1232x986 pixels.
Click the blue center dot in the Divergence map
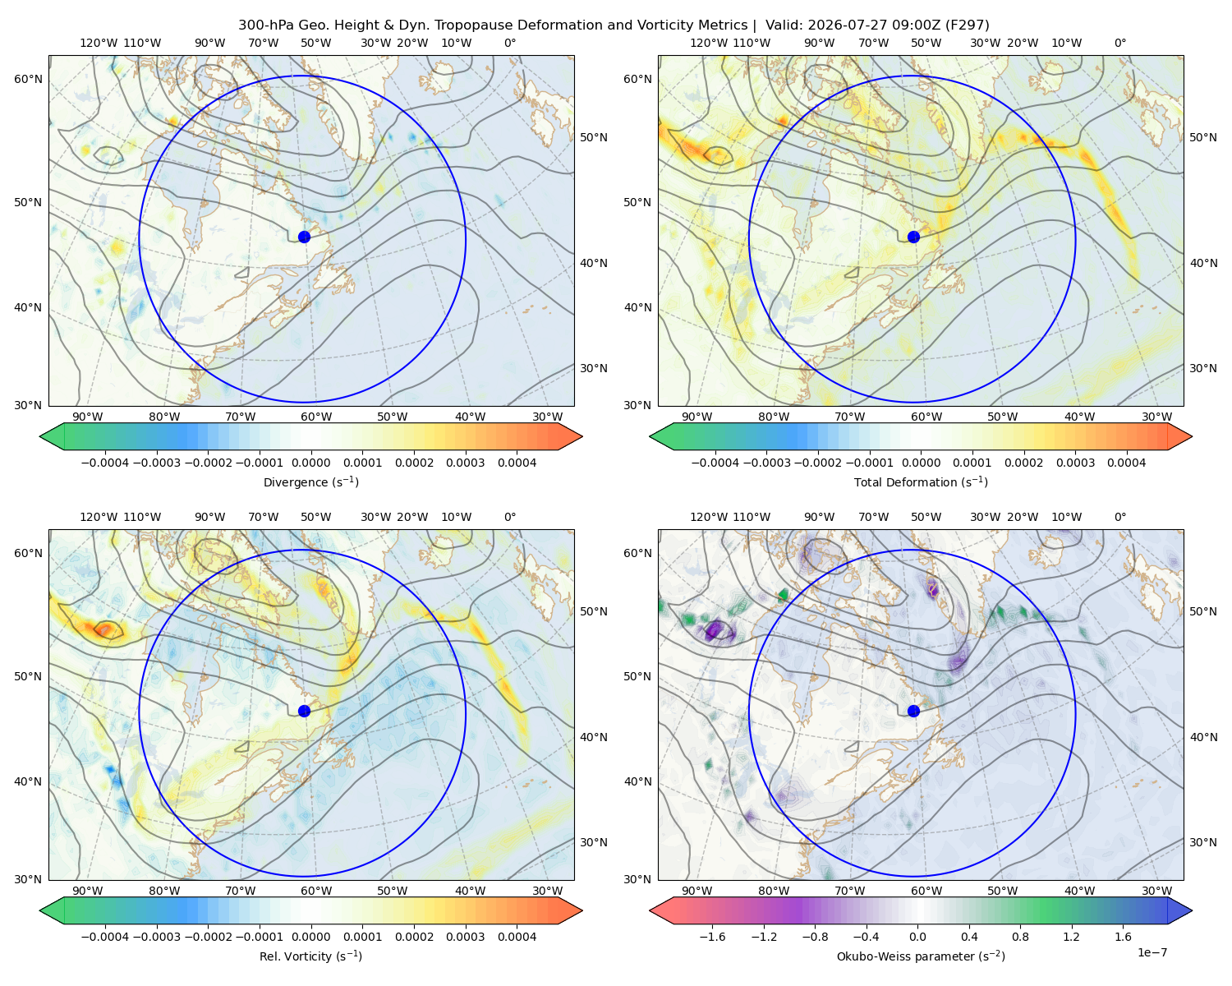304,237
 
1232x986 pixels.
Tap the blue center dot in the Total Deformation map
913,237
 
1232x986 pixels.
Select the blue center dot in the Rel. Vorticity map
304,711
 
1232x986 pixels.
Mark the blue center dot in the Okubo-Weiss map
913,711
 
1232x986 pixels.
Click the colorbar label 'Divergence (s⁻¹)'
310,481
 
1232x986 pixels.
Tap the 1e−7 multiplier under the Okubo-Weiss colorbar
1152,952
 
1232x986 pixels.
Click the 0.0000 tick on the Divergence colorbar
310,463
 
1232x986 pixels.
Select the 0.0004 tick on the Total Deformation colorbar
1126,463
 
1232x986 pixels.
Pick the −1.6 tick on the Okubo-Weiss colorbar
712,937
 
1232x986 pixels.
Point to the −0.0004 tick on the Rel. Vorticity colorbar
105,937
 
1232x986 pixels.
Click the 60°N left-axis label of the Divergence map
28,79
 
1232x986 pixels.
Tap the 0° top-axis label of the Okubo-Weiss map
1119,517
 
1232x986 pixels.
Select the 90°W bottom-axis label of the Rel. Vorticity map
88,891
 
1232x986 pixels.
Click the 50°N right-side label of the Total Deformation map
1203,137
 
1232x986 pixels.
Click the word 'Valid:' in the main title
784,25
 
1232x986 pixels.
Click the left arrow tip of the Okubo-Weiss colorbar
650,910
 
